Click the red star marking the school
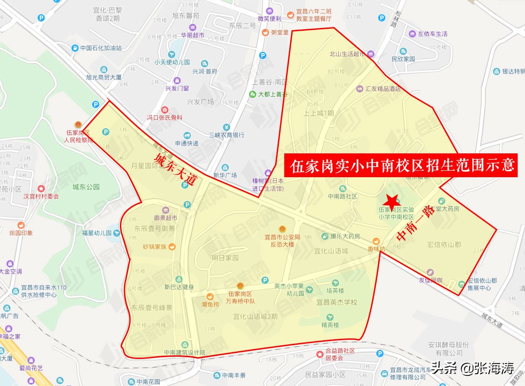(391, 201)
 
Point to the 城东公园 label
(86, 187)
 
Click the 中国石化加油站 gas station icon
(75, 48)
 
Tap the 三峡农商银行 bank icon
(226, 127)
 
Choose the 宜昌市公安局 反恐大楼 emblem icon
(282, 229)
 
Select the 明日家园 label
(225, 258)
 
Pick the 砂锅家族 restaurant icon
(172, 247)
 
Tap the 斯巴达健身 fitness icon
(179, 279)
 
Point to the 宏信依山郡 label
(444, 245)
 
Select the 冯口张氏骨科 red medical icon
(164, 110)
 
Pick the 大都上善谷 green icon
(252, 94)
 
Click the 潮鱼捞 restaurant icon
(210, 296)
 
